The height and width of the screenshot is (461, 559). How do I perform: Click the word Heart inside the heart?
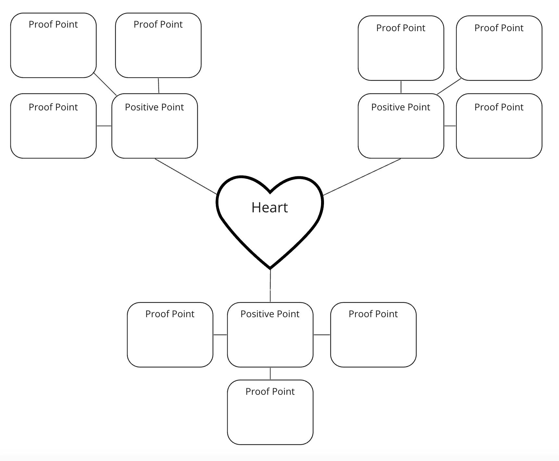tap(269, 207)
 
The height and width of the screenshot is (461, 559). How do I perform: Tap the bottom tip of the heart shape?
tap(270, 268)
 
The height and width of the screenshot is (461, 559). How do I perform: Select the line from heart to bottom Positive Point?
tap(270, 286)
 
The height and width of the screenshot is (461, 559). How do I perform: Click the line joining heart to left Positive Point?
tap(186, 176)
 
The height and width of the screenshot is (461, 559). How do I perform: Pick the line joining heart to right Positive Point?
tap(362, 177)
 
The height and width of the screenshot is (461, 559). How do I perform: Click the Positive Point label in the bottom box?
tap(270, 314)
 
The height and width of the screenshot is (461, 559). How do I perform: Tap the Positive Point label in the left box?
tap(154, 107)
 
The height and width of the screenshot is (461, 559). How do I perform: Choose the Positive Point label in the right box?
tap(401, 107)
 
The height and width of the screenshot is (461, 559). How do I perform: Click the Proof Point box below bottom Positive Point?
tap(270, 412)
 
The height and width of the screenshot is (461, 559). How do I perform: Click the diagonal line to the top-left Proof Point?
tap(105, 84)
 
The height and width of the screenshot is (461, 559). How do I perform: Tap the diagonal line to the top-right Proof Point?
tap(449, 86)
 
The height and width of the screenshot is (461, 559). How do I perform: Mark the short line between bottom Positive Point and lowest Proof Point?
tap(270, 373)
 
